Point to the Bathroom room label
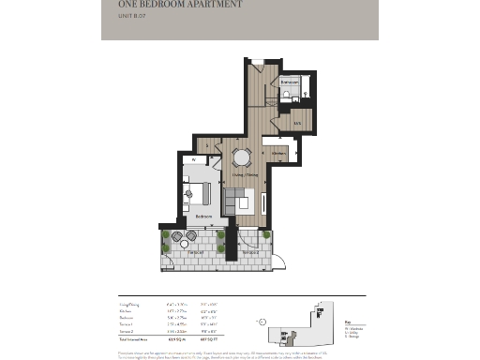coord(288,82)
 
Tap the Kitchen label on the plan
coord(278,152)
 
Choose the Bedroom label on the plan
coord(205,217)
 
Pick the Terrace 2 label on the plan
coord(249,252)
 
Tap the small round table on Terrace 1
coord(184,243)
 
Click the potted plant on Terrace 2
coord(266,235)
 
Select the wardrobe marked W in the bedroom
coord(194,160)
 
